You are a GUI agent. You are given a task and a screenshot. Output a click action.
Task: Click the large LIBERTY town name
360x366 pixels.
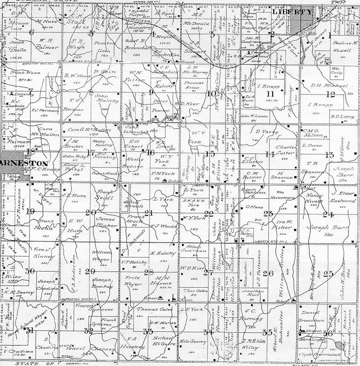[292, 12]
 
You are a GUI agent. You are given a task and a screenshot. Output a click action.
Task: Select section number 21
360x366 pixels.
[149, 213]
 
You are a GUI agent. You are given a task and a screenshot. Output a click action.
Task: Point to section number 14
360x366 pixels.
[270, 154]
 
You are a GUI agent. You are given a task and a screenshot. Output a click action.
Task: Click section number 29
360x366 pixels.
[90, 272]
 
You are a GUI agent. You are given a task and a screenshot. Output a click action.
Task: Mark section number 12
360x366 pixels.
[330, 94]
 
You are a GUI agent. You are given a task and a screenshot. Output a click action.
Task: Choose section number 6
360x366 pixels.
[31, 32]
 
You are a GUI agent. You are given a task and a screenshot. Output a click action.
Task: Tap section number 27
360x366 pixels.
[208, 273]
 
